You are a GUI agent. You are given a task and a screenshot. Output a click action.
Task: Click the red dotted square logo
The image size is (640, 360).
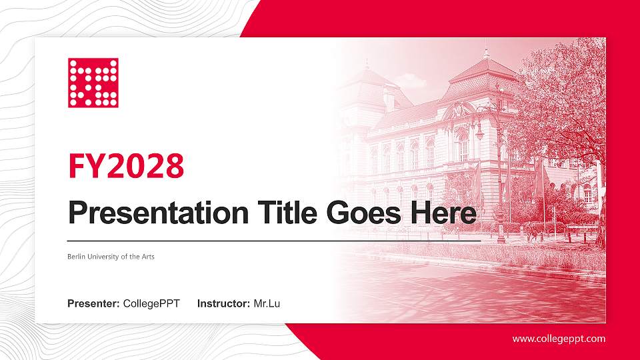tap(93, 83)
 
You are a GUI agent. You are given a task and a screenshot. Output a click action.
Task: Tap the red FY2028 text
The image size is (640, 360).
tap(126, 167)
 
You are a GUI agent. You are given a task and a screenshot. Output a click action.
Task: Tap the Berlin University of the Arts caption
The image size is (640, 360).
tap(111, 257)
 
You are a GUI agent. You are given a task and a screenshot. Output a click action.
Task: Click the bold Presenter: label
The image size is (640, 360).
tap(94, 304)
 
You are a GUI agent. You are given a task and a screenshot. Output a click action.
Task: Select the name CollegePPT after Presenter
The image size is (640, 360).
tap(152, 304)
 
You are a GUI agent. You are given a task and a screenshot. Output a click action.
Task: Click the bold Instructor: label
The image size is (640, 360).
tap(224, 304)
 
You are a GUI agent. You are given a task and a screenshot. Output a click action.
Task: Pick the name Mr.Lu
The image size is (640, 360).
tap(267, 304)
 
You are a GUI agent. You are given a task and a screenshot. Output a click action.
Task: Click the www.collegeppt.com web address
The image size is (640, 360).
tap(559, 339)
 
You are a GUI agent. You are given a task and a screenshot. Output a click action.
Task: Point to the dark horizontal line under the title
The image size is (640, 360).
tap(274, 239)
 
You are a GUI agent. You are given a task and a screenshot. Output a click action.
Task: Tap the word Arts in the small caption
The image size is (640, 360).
tap(148, 257)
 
